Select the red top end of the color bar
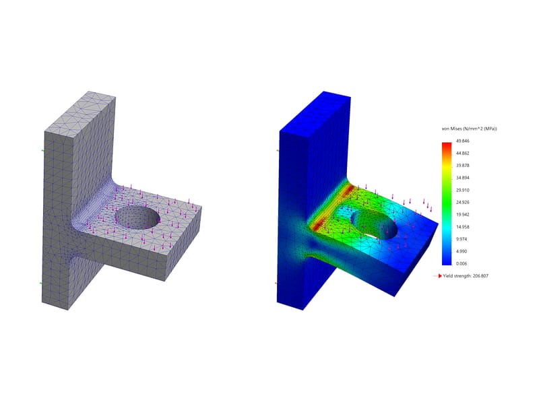[x=446, y=145]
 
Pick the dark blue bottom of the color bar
[x=446, y=261]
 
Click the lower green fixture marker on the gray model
[x=42, y=283]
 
